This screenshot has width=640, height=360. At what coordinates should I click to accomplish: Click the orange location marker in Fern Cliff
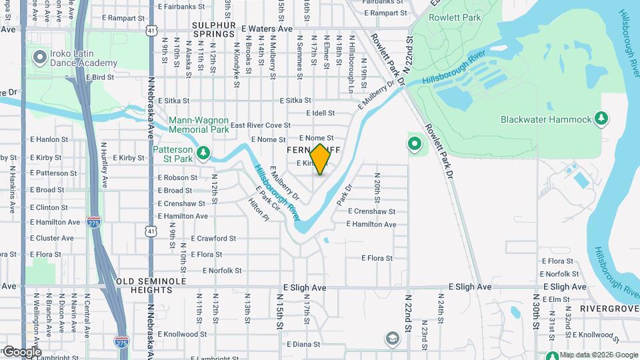coord(320,159)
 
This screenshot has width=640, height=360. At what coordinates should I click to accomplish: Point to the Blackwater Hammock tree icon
coord(601,119)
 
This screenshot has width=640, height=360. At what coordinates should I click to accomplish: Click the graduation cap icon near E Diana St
coord(390,339)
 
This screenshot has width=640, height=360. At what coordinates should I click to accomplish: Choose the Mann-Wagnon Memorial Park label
coord(199,125)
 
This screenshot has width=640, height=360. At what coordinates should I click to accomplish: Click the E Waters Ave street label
coord(267,29)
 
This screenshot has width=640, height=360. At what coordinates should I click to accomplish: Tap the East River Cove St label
coord(260,125)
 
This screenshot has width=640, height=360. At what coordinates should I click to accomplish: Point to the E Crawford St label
coord(213,238)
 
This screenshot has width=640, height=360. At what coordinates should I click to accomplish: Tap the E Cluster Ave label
coord(52,238)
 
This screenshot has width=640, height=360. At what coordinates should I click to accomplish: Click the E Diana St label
coord(304,345)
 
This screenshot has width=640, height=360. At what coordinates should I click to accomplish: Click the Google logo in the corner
coord(21,351)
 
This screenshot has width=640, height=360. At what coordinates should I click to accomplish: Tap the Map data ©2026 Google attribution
coord(599,355)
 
